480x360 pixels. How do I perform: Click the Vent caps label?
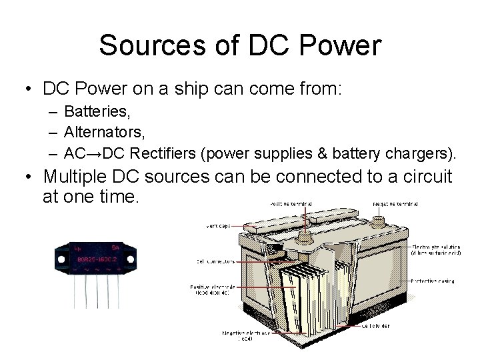point(218,225)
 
